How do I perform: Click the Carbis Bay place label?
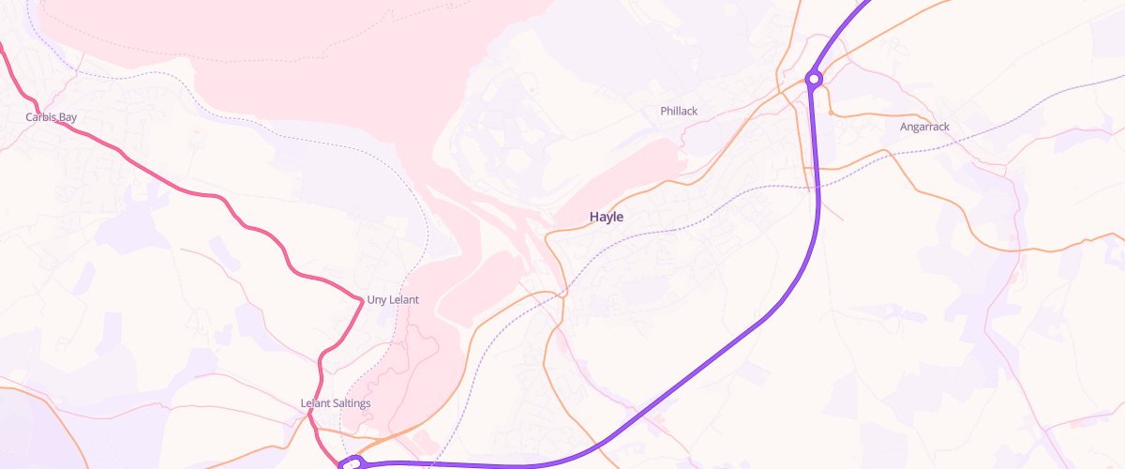(52, 117)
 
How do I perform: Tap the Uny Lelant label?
(392, 299)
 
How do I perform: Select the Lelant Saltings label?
(336, 403)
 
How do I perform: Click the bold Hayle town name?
(606, 217)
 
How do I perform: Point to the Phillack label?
(679, 111)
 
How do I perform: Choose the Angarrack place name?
(924, 126)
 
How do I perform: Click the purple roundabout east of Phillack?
(815, 80)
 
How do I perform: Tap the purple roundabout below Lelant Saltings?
(352, 462)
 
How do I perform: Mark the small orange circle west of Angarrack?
(832, 113)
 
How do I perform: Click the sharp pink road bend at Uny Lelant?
(362, 299)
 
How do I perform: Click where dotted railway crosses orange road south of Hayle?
(563, 294)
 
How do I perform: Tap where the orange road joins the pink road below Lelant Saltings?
(317, 428)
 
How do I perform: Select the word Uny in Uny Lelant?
(376, 299)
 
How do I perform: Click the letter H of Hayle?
(594, 217)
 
